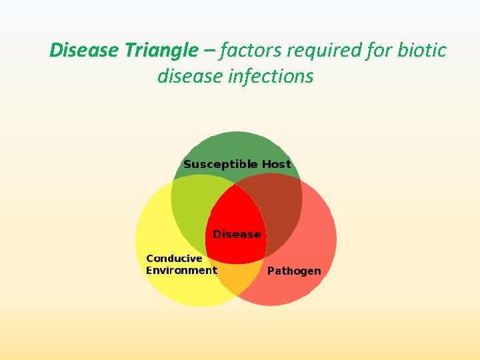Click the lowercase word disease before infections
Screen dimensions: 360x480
[x=190, y=76]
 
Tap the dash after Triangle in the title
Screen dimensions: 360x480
[x=209, y=51]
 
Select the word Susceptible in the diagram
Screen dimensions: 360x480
[x=220, y=164]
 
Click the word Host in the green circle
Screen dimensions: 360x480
[x=276, y=164]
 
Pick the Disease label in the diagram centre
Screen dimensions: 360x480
[x=237, y=234]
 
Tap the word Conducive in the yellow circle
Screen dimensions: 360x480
[x=174, y=259]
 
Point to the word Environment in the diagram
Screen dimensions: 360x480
[x=181, y=270]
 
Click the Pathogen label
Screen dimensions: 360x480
[x=294, y=271]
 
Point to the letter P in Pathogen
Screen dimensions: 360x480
[x=271, y=271]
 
